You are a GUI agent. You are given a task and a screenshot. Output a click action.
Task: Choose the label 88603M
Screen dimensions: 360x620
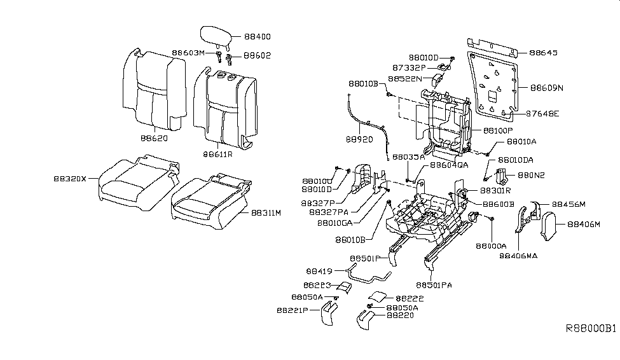[x=188, y=53]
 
